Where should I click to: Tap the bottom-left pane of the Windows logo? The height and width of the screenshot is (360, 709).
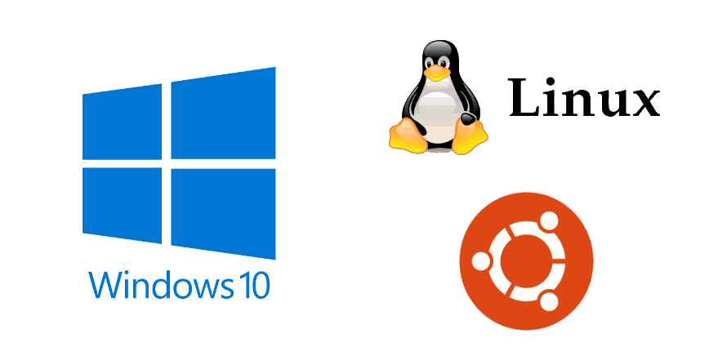tap(123, 203)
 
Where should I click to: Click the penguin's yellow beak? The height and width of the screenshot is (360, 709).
tap(438, 72)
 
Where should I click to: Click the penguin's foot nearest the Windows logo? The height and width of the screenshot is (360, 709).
tap(405, 135)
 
